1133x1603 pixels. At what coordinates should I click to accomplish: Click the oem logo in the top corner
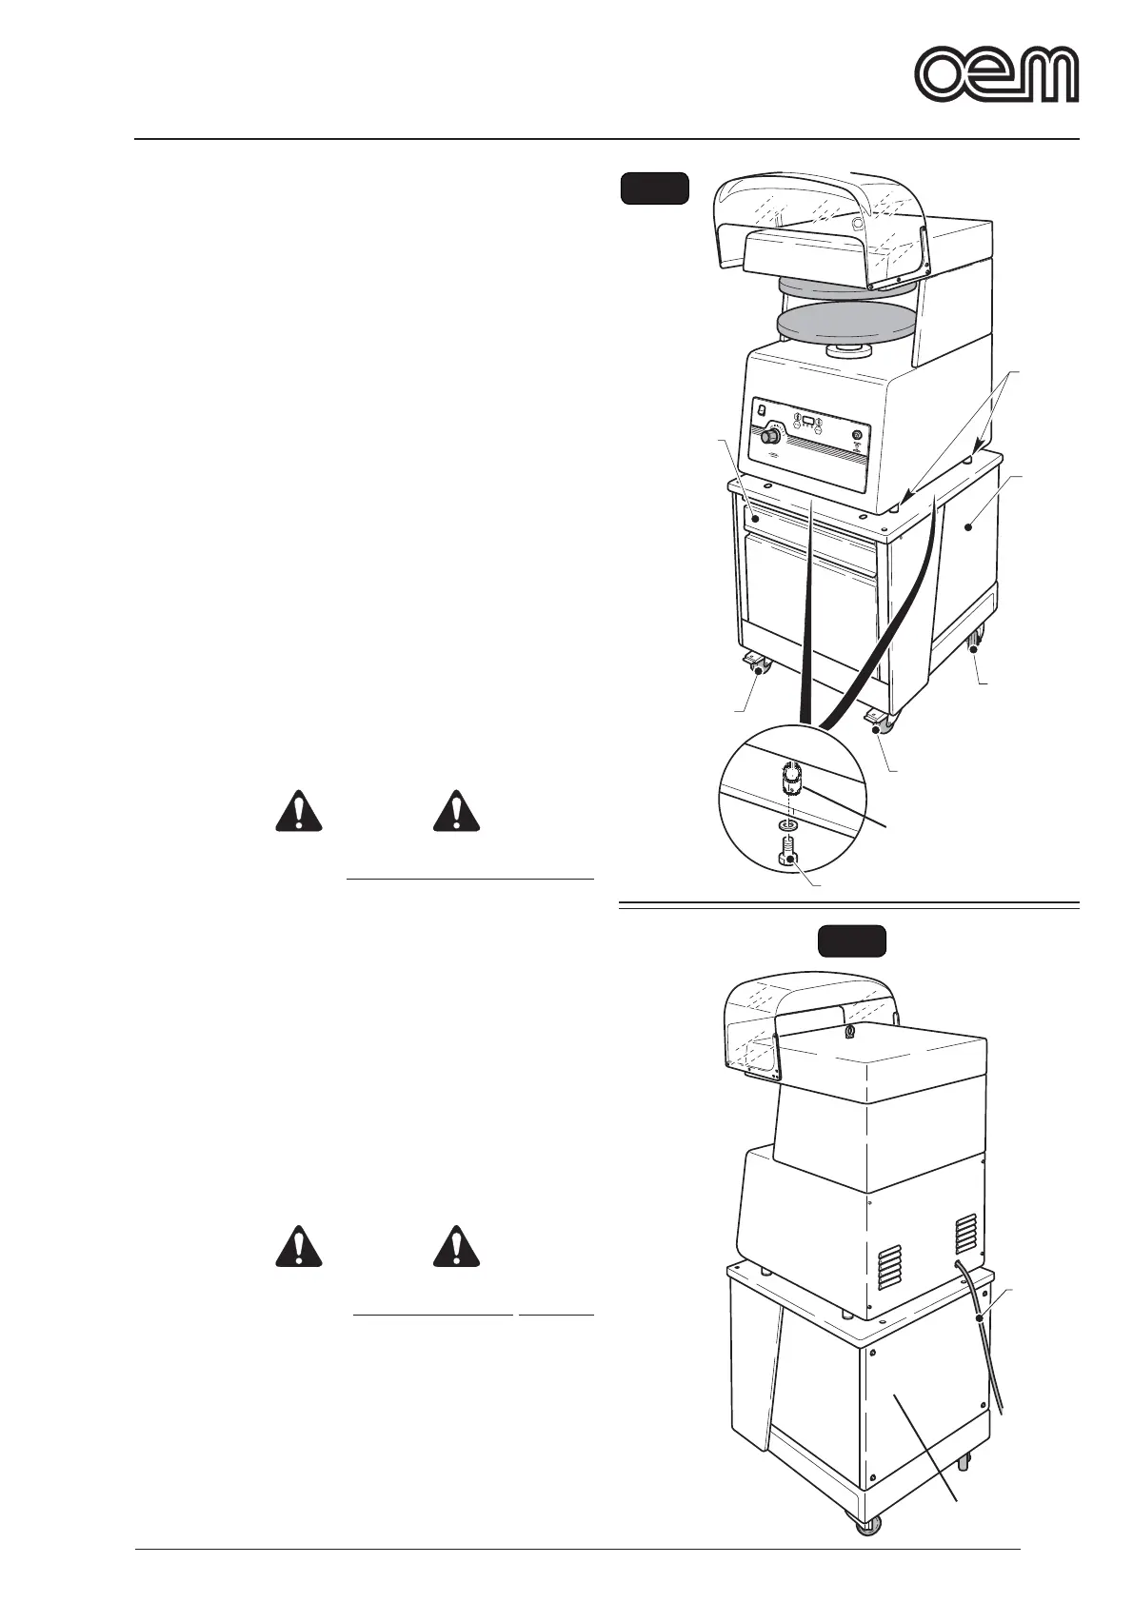(x=997, y=74)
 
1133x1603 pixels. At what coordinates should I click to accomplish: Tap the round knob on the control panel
(x=770, y=439)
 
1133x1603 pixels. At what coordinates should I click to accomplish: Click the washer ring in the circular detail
(x=788, y=823)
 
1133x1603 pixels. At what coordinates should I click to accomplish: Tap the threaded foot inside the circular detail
(x=789, y=782)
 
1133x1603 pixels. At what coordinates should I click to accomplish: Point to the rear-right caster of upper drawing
(x=975, y=647)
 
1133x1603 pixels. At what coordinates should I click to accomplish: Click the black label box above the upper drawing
(x=654, y=188)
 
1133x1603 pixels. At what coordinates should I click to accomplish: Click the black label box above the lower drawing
(x=853, y=940)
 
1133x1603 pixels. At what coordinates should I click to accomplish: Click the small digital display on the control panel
(x=805, y=421)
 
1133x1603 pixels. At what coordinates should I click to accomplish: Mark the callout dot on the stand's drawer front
(x=755, y=519)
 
